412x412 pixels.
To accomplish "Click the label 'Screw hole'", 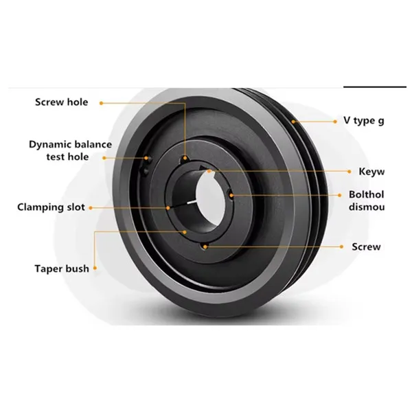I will click(61, 102).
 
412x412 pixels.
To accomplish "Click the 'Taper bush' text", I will click(62, 268).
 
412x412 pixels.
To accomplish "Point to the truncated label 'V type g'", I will click(363, 121).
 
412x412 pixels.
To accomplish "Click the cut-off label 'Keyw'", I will click(371, 170).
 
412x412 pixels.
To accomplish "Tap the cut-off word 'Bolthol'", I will click(366, 194).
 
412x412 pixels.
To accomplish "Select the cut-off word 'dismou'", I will click(367, 207).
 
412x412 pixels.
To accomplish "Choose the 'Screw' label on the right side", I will click(365, 247).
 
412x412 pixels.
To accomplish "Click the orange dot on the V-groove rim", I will click(293, 121).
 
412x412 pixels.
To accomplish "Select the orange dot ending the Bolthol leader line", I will click(233, 194).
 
